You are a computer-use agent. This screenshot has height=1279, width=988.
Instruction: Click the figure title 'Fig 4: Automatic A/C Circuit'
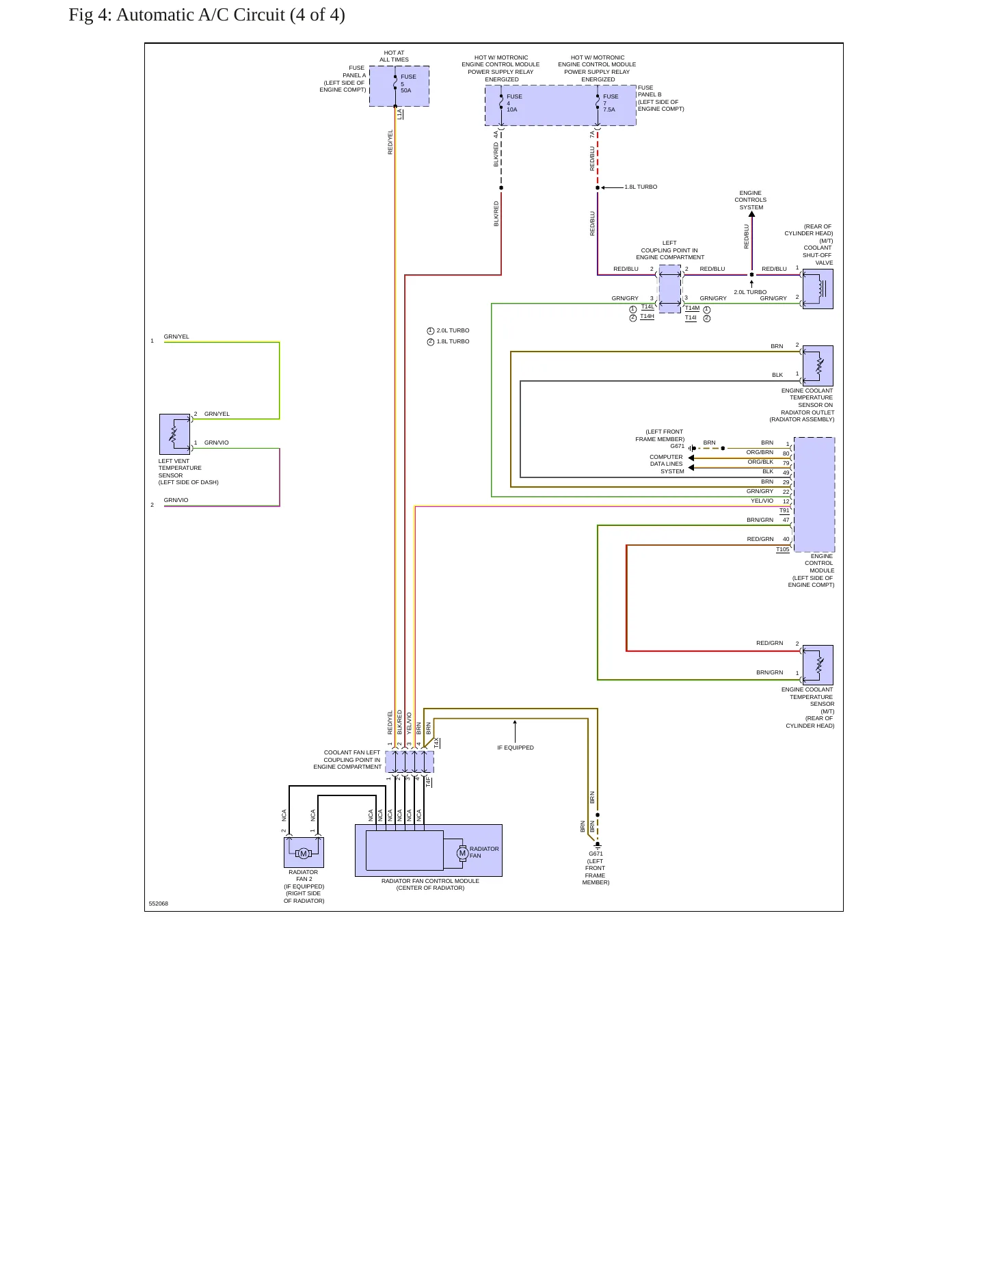(x=177, y=15)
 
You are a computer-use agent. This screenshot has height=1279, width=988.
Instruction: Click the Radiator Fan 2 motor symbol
(x=304, y=853)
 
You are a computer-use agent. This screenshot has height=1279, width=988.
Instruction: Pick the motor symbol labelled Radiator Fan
(x=462, y=853)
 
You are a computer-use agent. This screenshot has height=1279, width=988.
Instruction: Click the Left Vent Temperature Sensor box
(x=174, y=434)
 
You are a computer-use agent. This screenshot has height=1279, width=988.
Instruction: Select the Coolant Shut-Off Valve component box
(x=818, y=289)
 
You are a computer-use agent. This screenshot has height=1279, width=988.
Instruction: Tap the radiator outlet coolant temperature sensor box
(x=818, y=366)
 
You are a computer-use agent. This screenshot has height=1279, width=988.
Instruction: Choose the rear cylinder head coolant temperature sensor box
(x=818, y=665)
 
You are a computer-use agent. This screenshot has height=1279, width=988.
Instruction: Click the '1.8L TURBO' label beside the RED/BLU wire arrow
(x=641, y=187)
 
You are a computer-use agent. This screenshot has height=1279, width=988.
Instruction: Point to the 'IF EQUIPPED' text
(x=516, y=748)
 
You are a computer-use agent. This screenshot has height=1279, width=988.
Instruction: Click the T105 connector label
(x=783, y=549)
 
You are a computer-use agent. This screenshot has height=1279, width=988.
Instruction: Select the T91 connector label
(x=784, y=510)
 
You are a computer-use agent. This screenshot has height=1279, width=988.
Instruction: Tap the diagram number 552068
(x=159, y=904)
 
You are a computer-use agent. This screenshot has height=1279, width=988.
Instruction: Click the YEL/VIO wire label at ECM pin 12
(x=762, y=501)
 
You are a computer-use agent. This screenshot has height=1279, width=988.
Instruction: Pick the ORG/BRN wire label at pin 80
(x=760, y=452)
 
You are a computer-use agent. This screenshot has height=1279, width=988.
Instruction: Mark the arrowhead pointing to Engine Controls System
(x=751, y=214)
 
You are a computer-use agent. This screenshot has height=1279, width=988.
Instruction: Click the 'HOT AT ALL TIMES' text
(x=395, y=56)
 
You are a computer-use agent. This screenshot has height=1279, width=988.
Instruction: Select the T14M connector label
(x=693, y=308)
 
